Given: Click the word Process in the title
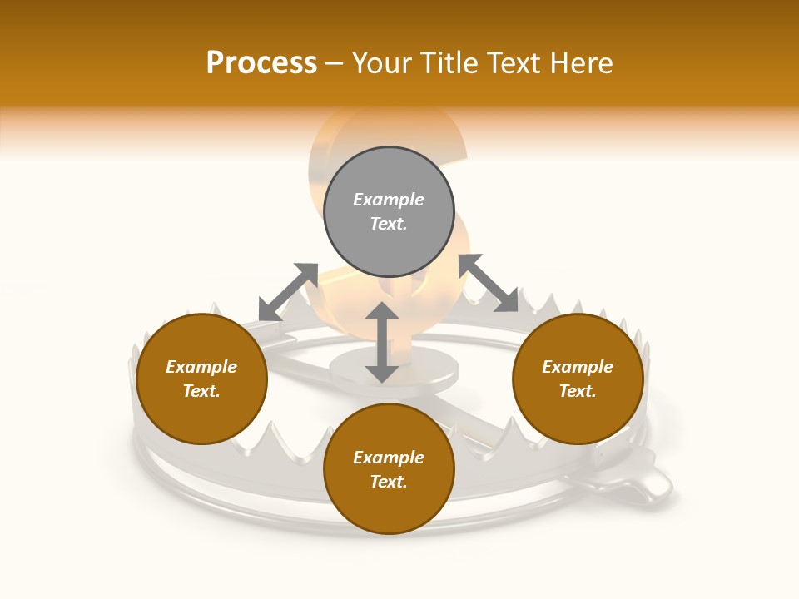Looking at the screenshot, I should click(x=261, y=63).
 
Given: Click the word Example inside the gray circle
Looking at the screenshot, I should click(x=389, y=200).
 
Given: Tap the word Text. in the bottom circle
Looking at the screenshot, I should click(x=389, y=482).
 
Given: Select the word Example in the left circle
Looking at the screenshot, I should click(x=201, y=367).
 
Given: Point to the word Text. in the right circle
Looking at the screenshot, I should click(x=578, y=391).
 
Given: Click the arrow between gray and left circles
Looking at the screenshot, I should click(x=288, y=292).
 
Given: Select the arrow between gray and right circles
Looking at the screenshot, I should click(x=488, y=283).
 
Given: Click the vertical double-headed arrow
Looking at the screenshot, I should click(x=382, y=342).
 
